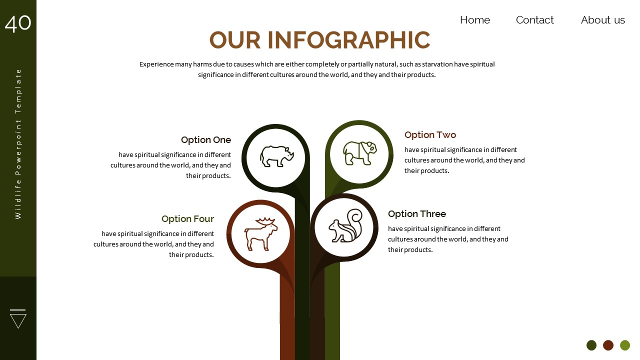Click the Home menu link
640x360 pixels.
[x=474, y=20]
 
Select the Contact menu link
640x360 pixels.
[x=534, y=20]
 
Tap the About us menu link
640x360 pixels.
[x=602, y=20]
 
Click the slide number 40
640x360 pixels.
[x=18, y=23]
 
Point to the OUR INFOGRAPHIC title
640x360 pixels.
[x=319, y=40]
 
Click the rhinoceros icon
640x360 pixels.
[x=276, y=156]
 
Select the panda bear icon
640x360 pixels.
[x=359, y=153]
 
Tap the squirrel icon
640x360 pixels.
[x=344, y=226]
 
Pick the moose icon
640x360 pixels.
[x=260, y=233]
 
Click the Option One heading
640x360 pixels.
[x=206, y=140]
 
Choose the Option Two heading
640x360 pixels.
[x=430, y=135]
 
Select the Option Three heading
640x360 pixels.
[x=416, y=214]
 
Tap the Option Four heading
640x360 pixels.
[x=187, y=219]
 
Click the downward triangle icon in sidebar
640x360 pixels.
[x=18, y=318]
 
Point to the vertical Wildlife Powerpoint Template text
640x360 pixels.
[x=18, y=143]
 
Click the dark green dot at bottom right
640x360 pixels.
[x=591, y=345]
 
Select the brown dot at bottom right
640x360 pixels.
[x=608, y=345]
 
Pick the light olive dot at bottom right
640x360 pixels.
[x=625, y=345]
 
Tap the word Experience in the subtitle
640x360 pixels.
[x=156, y=64]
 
